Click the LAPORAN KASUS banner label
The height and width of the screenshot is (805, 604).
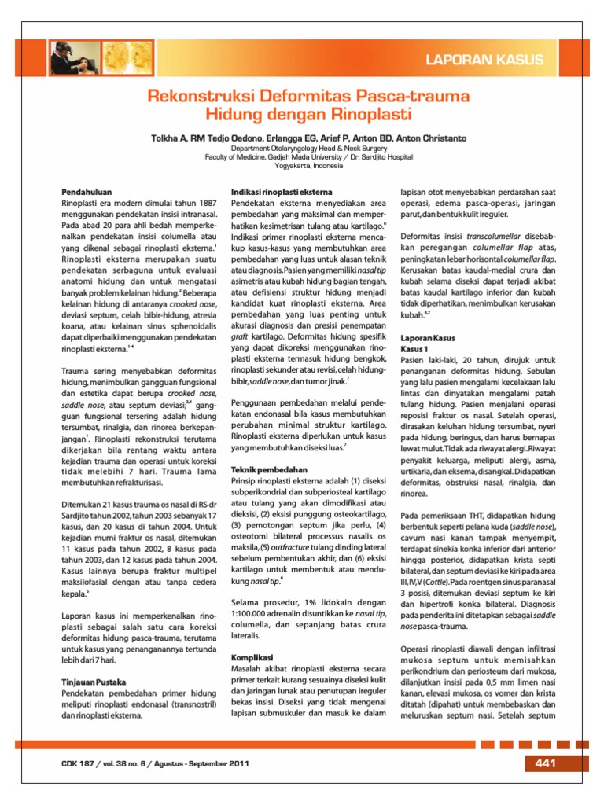point(496,60)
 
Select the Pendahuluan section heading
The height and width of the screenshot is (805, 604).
point(87,191)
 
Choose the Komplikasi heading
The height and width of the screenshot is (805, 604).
point(251,656)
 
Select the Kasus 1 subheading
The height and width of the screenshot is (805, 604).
point(414,348)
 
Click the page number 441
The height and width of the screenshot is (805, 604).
point(545,763)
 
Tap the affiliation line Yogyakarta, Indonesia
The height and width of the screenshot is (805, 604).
point(303,165)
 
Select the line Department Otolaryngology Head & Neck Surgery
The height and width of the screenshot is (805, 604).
point(303,148)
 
